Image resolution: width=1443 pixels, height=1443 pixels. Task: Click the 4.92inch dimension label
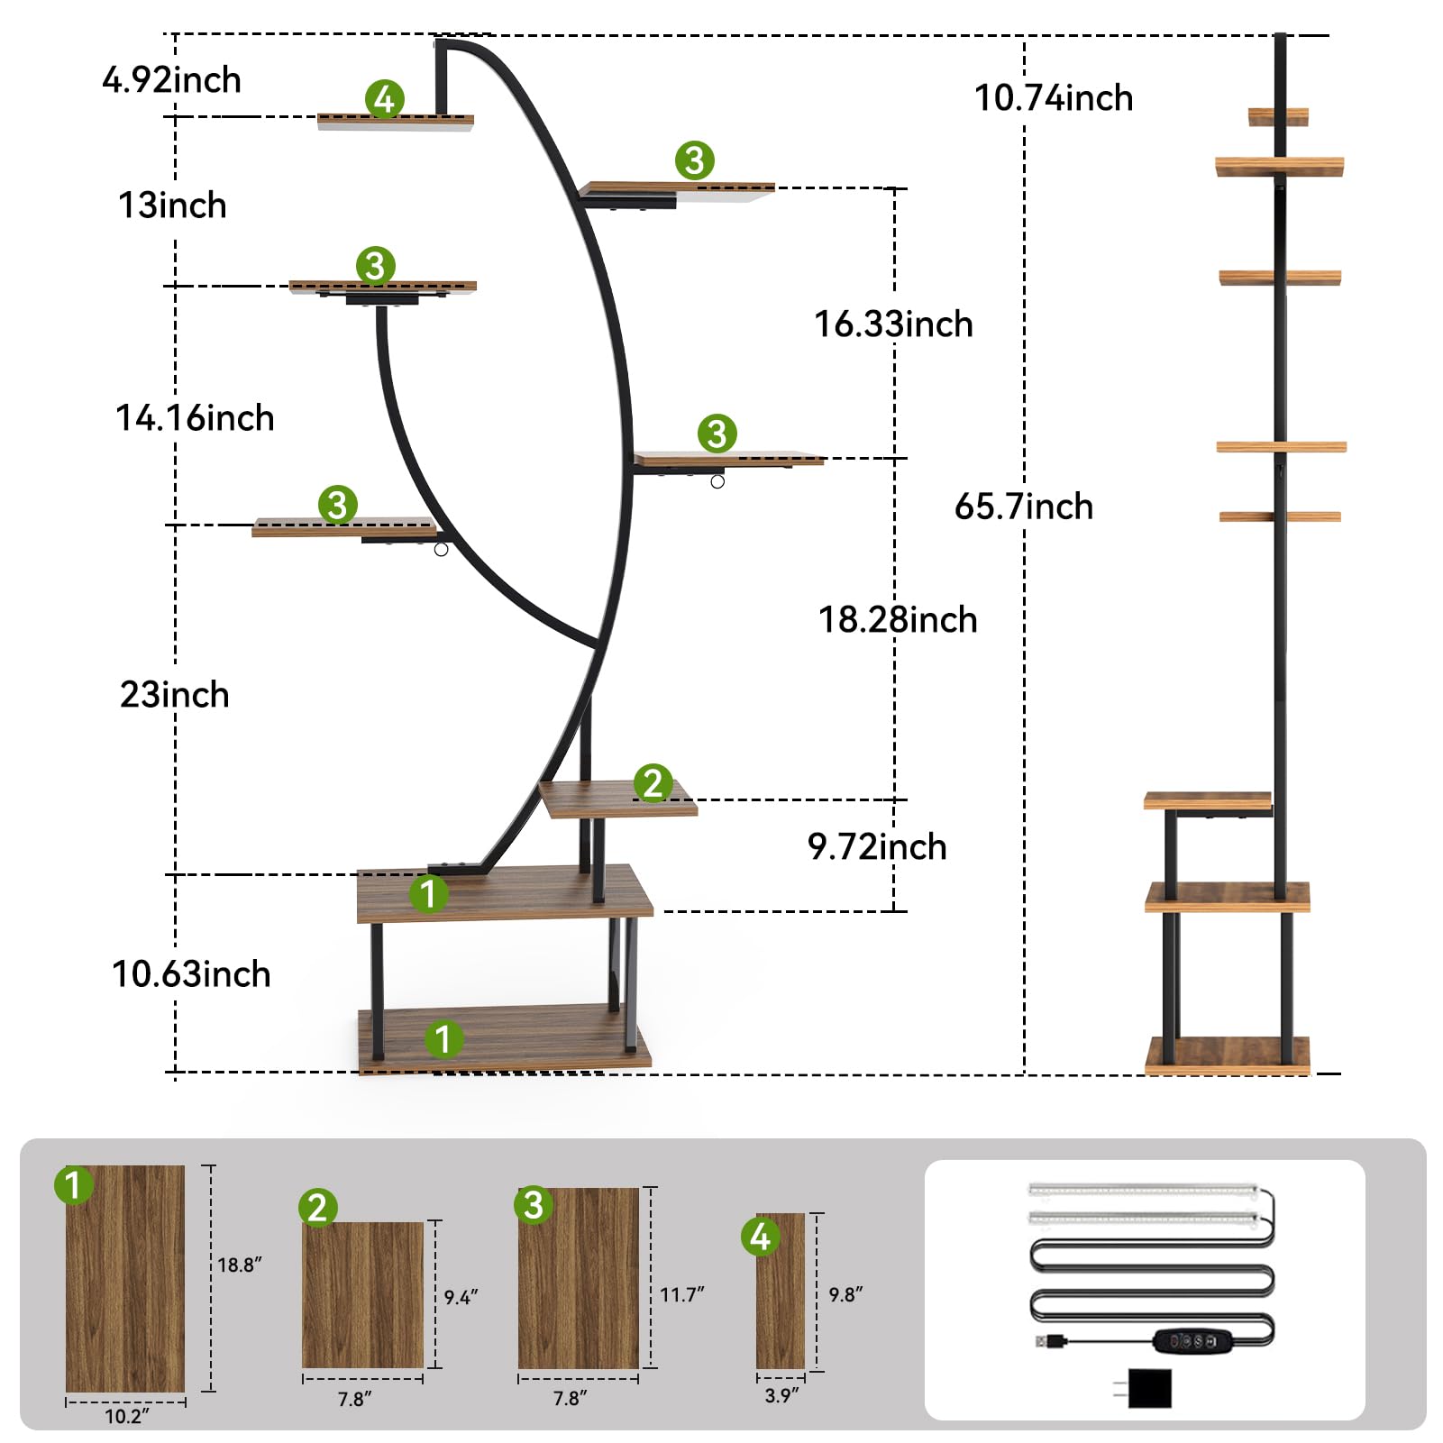point(171,80)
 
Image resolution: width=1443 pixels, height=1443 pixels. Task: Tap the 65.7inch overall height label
point(1024,507)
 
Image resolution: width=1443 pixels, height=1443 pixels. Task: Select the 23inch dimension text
point(174,695)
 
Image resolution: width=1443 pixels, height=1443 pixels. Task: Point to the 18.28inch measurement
point(898,620)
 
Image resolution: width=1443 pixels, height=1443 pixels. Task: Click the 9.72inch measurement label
point(877,847)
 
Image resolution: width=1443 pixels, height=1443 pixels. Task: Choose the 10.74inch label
point(1054,98)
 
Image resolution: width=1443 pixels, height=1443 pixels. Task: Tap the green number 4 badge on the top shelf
point(385,99)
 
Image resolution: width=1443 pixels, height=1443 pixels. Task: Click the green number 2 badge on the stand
point(653,783)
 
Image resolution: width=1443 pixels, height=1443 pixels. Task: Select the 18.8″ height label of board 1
point(240,1265)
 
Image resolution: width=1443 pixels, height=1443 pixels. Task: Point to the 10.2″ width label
point(126,1416)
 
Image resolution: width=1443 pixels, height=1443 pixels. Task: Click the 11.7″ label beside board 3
point(682,1295)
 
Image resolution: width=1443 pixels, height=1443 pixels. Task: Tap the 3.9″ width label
point(781,1396)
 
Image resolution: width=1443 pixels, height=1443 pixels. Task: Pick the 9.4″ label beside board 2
point(461,1298)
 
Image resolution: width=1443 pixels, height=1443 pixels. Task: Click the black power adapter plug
point(1148,1389)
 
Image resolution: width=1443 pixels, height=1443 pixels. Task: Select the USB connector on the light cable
point(1048,1341)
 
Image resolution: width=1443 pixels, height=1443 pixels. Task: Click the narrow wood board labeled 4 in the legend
point(781,1298)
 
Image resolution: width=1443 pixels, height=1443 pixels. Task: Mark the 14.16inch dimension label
point(195,418)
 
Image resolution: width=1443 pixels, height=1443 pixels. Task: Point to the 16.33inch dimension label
point(893,324)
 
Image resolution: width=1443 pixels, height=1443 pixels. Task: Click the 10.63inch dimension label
point(191,974)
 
